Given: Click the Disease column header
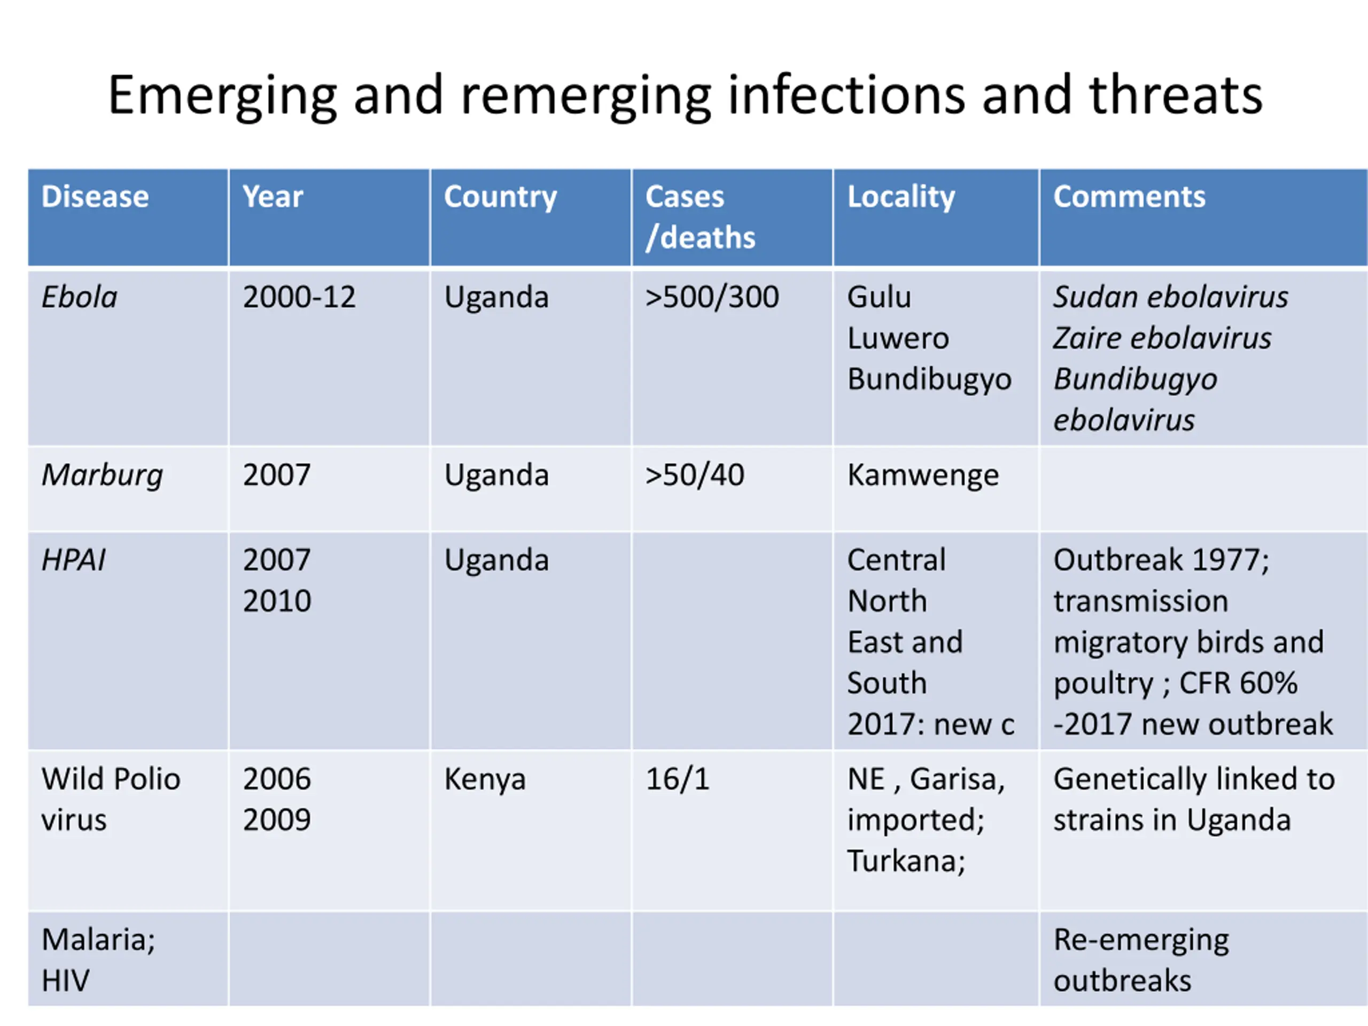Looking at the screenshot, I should coord(95,197).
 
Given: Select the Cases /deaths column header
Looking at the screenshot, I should coord(699,216).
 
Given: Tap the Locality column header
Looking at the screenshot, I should coord(900,197).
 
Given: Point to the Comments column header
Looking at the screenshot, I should coord(1129,197).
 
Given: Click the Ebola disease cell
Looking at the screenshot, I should coord(79,297).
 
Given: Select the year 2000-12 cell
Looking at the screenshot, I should coord(299,297).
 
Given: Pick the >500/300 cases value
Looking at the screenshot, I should coord(711,297).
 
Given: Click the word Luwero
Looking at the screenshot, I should coord(897,338).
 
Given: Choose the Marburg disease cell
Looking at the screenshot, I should coord(102,475).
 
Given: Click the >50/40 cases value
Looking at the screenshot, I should coord(694,475).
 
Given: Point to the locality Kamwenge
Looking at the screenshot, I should coord(923,475).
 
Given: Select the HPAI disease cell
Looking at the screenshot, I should coord(74,559).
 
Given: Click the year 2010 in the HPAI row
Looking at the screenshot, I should coord(276,601).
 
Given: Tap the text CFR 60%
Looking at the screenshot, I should coord(1238,683).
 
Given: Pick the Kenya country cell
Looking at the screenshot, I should coord(484,779).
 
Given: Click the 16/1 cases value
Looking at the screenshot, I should coord(677,779).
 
